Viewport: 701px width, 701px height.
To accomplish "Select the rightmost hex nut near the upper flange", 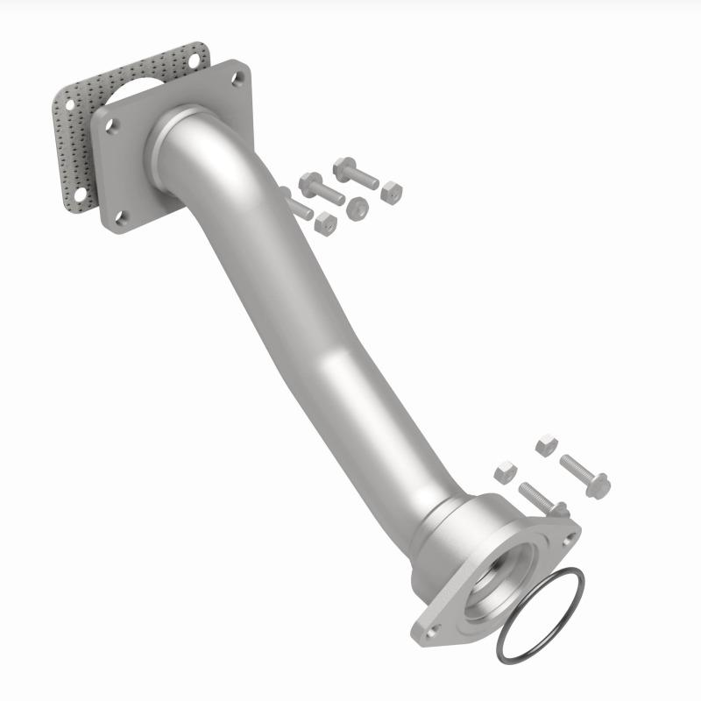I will tap(392, 193).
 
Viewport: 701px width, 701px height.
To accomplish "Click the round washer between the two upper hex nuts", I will tap(358, 208).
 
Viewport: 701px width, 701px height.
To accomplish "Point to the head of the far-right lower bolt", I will tap(598, 485).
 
